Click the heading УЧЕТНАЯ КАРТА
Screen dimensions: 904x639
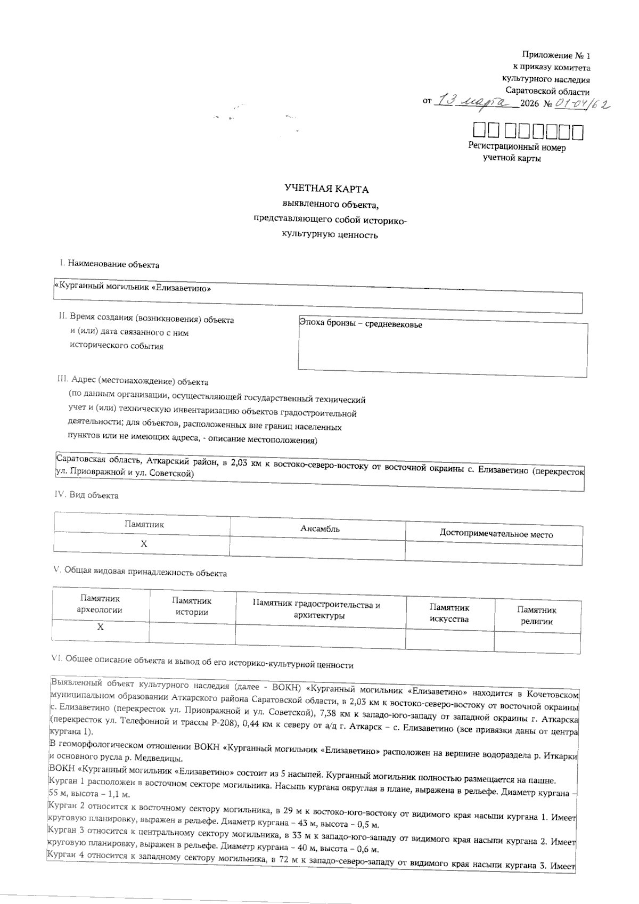pyautogui.click(x=326, y=189)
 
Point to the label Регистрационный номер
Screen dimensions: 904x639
pyautogui.click(x=517, y=147)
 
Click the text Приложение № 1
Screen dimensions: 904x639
pyautogui.click(x=556, y=55)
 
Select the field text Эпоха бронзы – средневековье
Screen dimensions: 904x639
pyautogui.click(x=361, y=324)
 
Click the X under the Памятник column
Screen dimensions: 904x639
pyautogui.click(x=143, y=544)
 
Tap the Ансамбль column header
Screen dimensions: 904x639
pyautogui.click(x=320, y=528)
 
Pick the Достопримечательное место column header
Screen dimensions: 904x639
pyautogui.click(x=496, y=534)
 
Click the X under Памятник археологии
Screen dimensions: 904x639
pyautogui.click(x=100, y=627)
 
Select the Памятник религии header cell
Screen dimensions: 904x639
pyautogui.click(x=536, y=615)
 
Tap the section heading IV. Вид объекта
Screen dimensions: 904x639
pyautogui.click(x=86, y=495)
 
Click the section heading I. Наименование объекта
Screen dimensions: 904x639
pyautogui.click(x=109, y=264)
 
